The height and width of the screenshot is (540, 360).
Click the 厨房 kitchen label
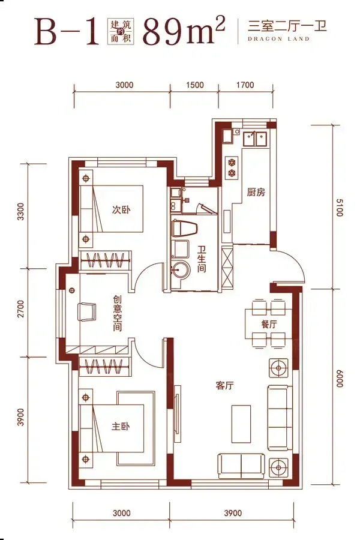pos(256,192)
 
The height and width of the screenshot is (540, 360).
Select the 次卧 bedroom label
pos(121,209)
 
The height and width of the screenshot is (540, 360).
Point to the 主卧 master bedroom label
pos(121,427)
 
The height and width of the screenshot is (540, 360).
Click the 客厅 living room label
pos(224,385)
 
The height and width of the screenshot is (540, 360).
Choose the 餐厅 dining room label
pos(269,324)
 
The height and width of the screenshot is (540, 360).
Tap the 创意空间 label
pos(118,313)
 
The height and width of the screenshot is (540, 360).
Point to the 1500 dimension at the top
pos(195,85)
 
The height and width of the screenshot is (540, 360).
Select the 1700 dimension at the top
pos(245,85)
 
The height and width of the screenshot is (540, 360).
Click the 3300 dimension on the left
pos(21,211)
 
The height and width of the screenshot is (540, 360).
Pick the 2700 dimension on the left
pos(21,309)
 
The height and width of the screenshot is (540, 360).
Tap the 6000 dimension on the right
pos(339,379)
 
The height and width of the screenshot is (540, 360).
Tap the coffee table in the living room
pos(241,424)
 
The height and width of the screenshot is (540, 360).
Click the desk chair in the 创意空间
pos(87,311)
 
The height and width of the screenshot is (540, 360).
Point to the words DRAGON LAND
pos(278,39)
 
